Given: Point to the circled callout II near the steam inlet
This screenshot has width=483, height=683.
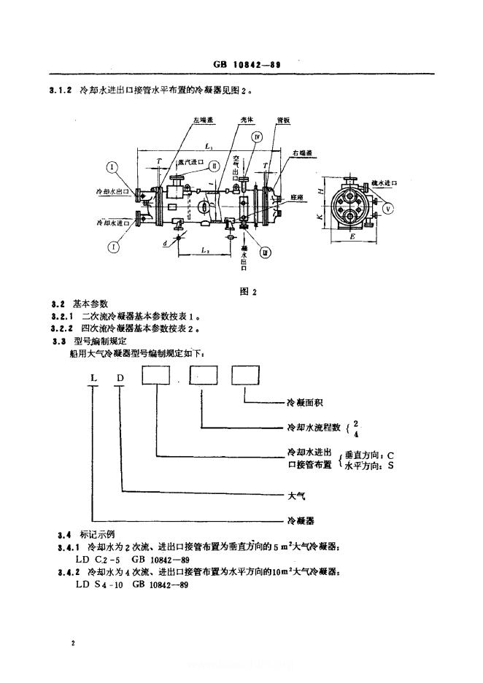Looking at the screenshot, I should tap(215, 166).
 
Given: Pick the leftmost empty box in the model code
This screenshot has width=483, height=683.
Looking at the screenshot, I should tap(158, 377).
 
